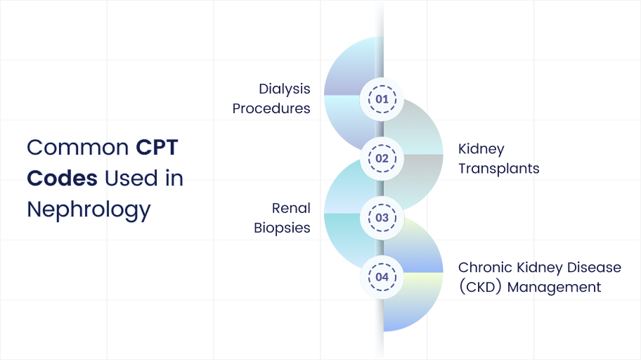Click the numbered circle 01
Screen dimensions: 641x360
(382, 99)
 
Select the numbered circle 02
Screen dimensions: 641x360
(382, 158)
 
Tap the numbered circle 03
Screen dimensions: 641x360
(382, 218)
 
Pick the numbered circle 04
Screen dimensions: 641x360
(382, 277)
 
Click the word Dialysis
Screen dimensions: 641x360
(285, 89)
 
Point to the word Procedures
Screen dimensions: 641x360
(271, 108)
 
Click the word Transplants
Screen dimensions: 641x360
(499, 169)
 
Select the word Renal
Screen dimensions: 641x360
(291, 208)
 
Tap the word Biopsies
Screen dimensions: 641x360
(282, 228)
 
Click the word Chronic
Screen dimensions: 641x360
(485, 268)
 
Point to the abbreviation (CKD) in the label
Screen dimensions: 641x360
(480, 287)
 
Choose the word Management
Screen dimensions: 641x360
(554, 288)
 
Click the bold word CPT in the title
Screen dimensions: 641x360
(157, 147)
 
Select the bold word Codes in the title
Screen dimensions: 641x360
(62, 179)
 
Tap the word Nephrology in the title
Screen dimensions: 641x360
(89, 210)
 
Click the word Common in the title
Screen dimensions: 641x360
(78, 148)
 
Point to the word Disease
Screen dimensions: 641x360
(594, 268)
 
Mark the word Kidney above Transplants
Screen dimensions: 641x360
(481, 149)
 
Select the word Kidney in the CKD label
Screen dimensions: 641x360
(540, 268)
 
